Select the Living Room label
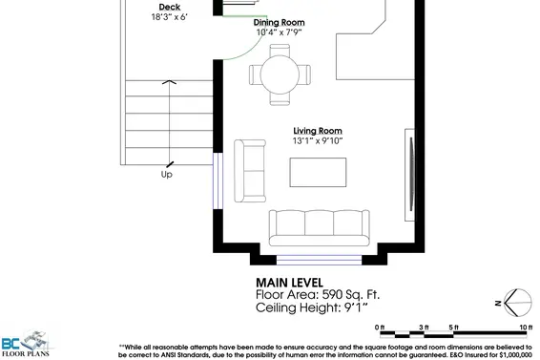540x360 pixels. coord(317,131)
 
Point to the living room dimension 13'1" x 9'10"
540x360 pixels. coord(317,141)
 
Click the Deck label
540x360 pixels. coord(170,7)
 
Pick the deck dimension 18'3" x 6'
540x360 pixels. coord(170,17)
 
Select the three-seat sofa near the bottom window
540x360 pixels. coord(318,226)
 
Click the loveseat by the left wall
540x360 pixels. coord(252,170)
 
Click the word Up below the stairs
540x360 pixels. coord(167,175)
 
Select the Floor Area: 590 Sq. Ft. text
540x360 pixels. coord(319,295)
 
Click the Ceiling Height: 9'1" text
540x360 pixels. coord(312,308)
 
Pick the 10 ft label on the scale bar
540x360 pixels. coord(524,327)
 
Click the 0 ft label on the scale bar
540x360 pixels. coord(380,327)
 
